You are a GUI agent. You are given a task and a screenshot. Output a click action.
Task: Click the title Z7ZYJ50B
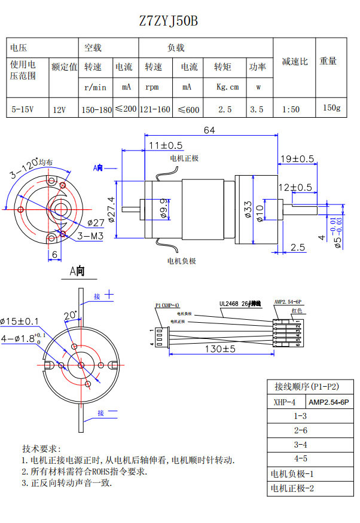(168, 21)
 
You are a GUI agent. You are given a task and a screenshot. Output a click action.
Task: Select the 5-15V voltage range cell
(23, 109)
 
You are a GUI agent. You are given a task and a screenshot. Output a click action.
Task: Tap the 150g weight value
(331, 108)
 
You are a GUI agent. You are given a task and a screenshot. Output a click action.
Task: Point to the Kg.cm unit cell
(227, 87)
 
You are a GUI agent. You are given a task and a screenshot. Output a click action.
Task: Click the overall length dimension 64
(209, 130)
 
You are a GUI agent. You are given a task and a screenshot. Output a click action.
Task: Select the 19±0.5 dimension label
(297, 158)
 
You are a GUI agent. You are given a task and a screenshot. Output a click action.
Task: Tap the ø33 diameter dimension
(248, 209)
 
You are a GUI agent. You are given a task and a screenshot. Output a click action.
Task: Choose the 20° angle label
(70, 314)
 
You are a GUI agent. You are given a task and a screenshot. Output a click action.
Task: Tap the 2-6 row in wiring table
(300, 430)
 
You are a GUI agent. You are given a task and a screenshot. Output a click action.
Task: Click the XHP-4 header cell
(285, 402)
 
